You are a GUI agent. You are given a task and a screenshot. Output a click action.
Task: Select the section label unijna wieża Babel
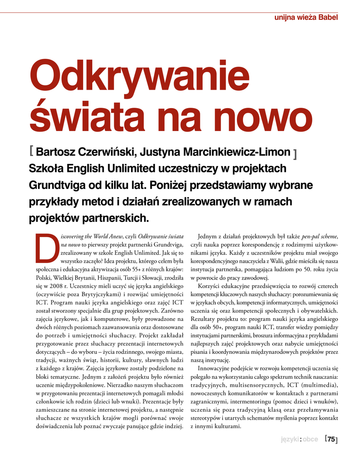tap(306, 18)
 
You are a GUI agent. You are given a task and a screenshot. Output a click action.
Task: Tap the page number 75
tap(331, 439)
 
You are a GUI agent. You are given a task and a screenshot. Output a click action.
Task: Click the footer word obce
tap(310, 439)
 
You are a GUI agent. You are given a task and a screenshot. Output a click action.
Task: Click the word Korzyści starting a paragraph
tap(209, 286)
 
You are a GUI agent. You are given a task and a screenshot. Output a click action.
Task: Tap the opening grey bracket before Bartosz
tap(31, 152)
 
